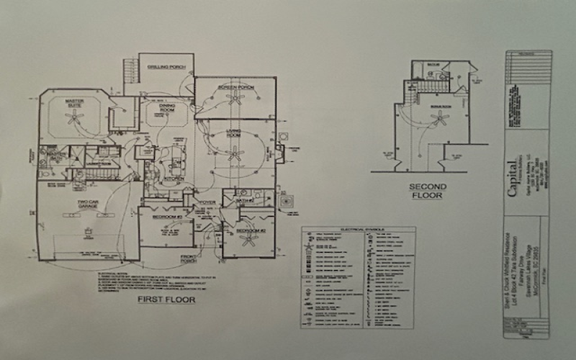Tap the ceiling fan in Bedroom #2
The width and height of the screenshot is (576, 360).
tap(249, 241)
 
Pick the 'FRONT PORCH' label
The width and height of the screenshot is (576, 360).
tap(189, 260)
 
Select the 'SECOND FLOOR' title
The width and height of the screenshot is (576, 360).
tap(429, 191)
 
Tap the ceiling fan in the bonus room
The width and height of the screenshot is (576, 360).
tap(438, 117)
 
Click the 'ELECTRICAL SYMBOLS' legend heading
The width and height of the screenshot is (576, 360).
tap(358, 230)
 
